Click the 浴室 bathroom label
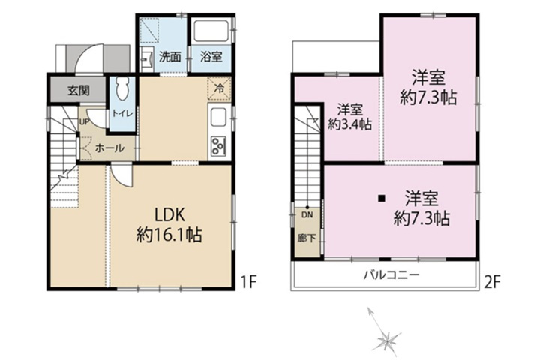pos(208,56)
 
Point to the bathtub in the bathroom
pos(213,32)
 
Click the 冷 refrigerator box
pos(220,87)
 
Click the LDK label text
pos(170,212)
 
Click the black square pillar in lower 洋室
pos(382,199)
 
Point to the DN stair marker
pos(307,214)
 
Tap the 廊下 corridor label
pos(306,239)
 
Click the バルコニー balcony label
pos(391,274)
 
